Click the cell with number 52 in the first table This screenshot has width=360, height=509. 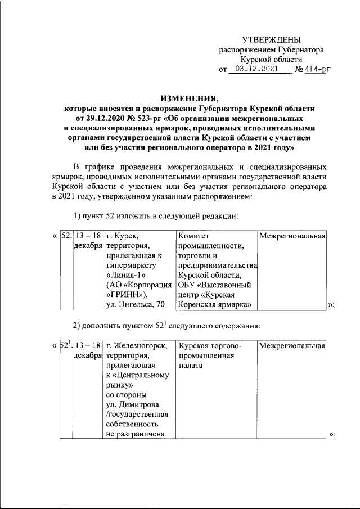[66, 235]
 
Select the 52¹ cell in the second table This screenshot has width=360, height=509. [66, 345]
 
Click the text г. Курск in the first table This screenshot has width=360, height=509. [121, 235]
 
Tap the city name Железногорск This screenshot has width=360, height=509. [140, 345]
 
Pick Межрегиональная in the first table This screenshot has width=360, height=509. [292, 235]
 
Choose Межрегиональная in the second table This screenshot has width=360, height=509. [292, 345]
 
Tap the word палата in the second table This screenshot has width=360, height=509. [191, 365]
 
